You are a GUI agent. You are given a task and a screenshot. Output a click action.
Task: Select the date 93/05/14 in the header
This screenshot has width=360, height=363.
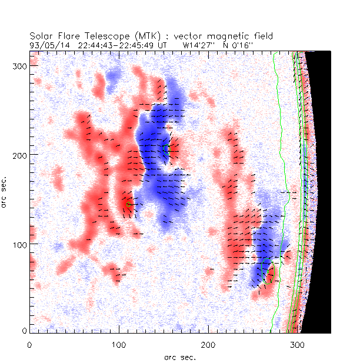click(46, 45)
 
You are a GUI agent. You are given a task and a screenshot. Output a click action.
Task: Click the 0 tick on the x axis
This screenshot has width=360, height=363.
click(29, 343)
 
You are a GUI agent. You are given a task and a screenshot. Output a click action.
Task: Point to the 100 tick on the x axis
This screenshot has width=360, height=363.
click(118, 343)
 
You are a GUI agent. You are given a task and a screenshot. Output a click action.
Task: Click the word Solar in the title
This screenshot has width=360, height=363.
click(42, 36)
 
